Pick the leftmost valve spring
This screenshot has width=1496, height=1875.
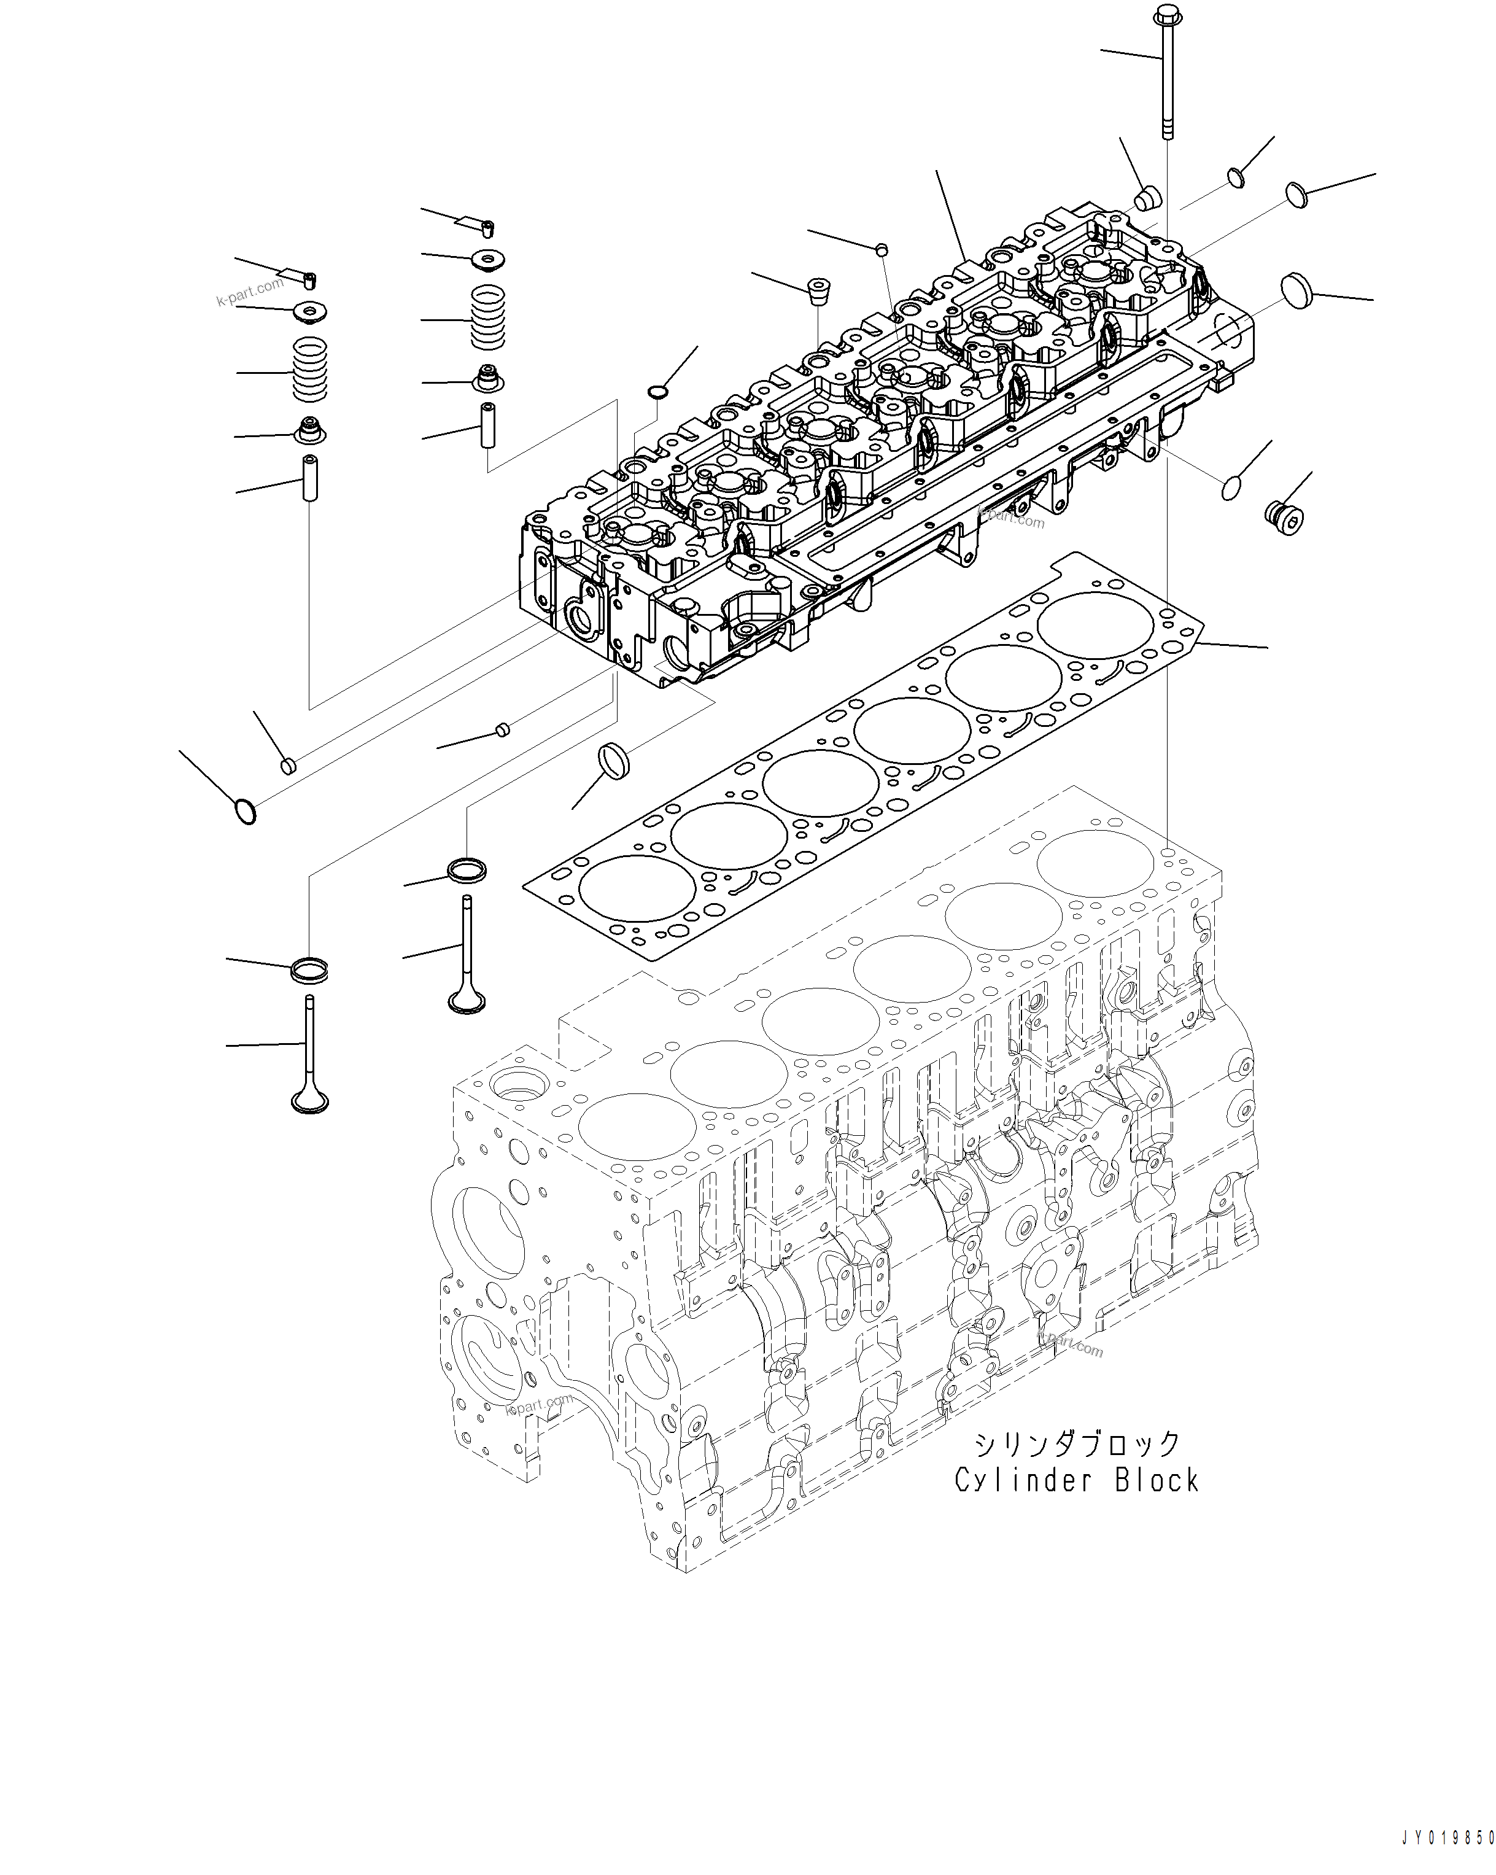pos(309,370)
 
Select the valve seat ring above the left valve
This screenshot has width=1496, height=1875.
pos(309,969)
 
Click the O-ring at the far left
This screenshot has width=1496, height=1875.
pos(246,812)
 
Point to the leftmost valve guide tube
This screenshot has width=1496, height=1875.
pos(309,478)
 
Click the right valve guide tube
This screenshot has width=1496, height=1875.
pos(489,424)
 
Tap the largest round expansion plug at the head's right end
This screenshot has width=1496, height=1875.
pos(1297,288)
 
